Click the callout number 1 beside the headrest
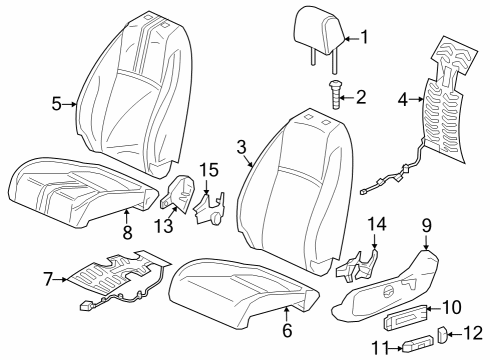[364, 37]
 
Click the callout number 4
[403, 99]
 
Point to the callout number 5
[56, 104]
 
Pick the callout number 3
[242, 147]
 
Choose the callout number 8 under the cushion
[127, 232]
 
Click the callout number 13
[164, 226]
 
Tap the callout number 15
[209, 170]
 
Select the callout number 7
[48, 279]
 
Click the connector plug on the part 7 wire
[85, 306]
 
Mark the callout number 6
[287, 330]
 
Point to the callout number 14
[377, 224]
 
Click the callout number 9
[427, 226]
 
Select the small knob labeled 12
[442, 334]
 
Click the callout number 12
[474, 333]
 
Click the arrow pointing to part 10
[434, 309]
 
